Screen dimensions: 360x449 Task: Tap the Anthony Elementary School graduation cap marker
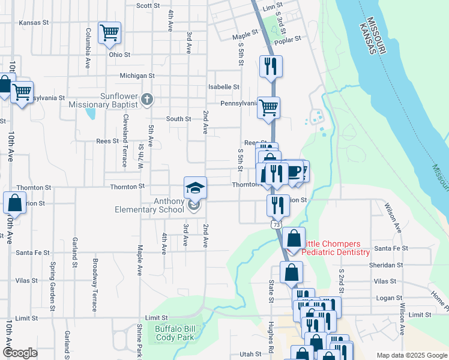pos(195,188)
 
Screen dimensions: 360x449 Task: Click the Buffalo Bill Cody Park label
pos(175,333)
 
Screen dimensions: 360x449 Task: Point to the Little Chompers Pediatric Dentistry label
pos(335,248)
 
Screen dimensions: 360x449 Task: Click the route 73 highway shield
pos(276,224)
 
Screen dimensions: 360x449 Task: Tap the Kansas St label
pos(34,23)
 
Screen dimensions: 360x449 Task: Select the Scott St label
pos(148,5)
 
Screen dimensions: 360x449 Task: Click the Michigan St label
pos(137,76)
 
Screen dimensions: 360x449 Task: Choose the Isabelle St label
pos(224,87)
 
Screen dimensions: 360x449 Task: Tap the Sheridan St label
pos(387,265)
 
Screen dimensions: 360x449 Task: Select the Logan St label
pos(389,298)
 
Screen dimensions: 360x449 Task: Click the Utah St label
pos(250,355)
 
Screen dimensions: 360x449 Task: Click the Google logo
pos(20,353)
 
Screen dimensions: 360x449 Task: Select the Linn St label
pos(272,6)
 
